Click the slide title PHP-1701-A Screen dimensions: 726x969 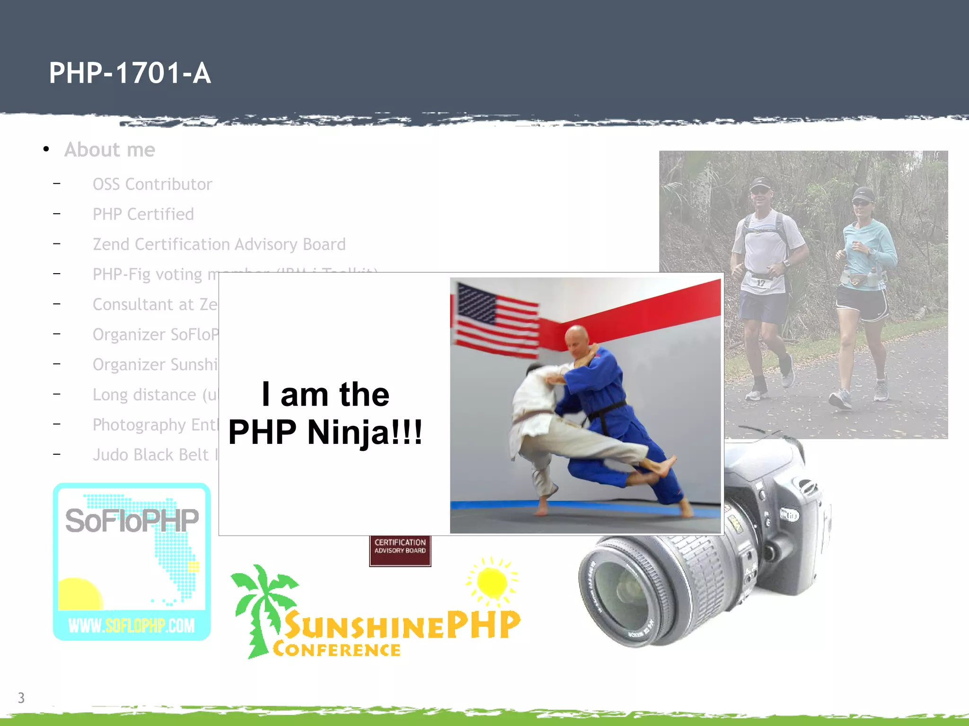(130, 73)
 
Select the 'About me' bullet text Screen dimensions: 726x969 (110, 150)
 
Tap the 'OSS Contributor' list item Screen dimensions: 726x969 (152, 184)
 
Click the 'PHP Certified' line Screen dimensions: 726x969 (143, 215)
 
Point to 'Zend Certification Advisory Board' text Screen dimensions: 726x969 (219, 244)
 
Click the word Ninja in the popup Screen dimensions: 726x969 (364, 432)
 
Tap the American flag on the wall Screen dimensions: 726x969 (494, 319)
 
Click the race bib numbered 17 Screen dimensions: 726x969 (760, 283)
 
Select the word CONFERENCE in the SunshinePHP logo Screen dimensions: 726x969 (337, 650)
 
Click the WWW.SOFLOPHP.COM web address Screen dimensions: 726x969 (132, 626)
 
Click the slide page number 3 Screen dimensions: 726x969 (21, 698)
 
